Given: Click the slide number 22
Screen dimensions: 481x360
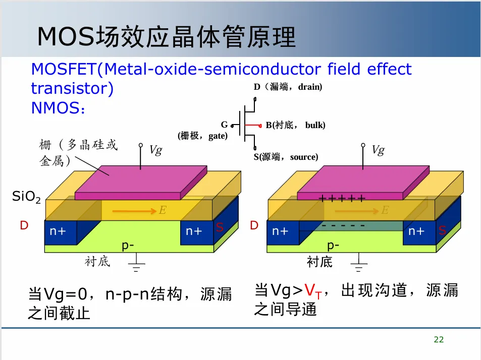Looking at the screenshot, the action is (x=439, y=340).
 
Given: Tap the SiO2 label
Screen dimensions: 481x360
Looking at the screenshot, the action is (x=26, y=197).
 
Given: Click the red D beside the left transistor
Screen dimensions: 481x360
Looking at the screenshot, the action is (x=24, y=225).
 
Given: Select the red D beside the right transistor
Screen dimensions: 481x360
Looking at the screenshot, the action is (x=254, y=225).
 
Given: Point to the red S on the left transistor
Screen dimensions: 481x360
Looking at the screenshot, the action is (x=220, y=228).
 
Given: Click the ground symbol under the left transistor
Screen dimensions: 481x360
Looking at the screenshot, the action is (x=135, y=264).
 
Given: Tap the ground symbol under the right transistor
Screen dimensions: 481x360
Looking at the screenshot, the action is (x=359, y=264).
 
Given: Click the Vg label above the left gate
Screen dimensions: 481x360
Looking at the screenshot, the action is (x=155, y=150).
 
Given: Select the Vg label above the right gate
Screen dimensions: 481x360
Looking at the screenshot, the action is (x=378, y=150).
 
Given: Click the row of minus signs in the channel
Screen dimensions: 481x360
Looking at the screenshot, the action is (x=343, y=225).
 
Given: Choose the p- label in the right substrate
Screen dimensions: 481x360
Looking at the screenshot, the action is (x=334, y=246).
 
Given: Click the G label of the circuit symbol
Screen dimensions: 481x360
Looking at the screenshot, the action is (x=224, y=125).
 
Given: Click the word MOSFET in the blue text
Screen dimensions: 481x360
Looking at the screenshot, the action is (x=64, y=69).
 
